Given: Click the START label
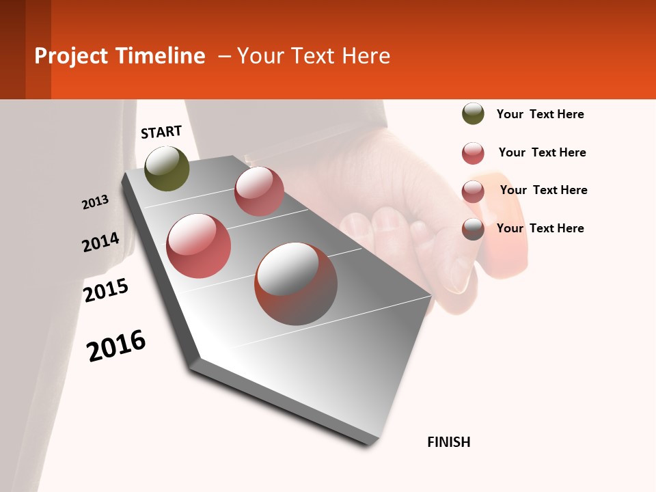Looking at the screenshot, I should [x=161, y=132].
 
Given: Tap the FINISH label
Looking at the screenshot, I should [x=449, y=442].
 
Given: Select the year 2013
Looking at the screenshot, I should [x=95, y=202].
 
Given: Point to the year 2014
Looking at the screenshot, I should [x=100, y=243].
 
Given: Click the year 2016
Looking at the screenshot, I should [x=116, y=345].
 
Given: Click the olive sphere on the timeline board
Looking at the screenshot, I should [x=167, y=169].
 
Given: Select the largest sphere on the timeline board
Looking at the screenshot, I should [x=296, y=284].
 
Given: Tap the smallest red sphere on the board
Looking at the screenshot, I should [x=259, y=191].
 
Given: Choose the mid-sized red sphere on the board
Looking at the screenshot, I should [x=199, y=246].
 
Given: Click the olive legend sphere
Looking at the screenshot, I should [x=473, y=114].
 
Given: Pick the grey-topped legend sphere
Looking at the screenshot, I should [x=473, y=229].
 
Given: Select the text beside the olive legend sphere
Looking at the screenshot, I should [x=540, y=115].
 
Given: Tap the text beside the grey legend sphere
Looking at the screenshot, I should [x=540, y=228].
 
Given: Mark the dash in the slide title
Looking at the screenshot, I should [x=224, y=56].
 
